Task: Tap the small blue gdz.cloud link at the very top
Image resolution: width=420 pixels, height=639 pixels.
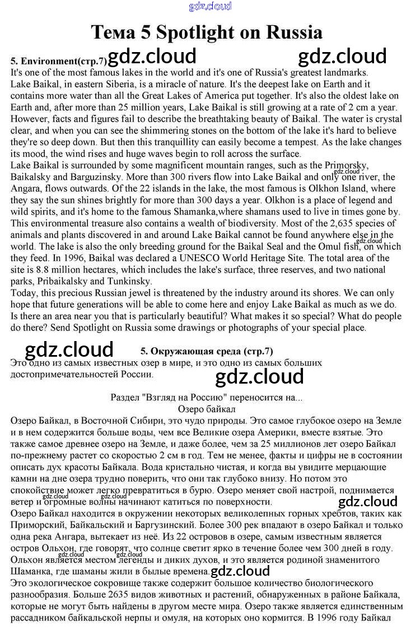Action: (210, 6)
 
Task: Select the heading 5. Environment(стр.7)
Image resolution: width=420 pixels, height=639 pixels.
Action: (59, 60)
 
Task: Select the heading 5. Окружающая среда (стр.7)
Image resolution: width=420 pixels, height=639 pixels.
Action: (207, 351)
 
